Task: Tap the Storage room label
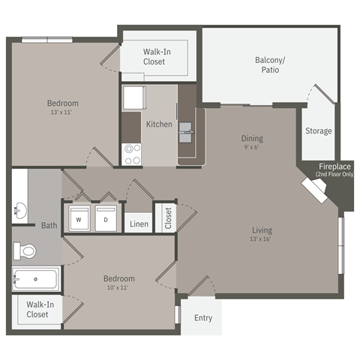pos(318,131)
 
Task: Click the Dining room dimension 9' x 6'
pos(252,148)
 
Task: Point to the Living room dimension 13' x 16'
pos(262,239)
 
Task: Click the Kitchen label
pos(159,124)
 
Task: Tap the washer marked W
pos(78,220)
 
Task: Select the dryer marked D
pos(105,220)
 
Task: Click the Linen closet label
pos(139,224)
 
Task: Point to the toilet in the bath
pos(27,250)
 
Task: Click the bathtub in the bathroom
pos(35,280)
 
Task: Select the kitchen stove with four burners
pos(133,154)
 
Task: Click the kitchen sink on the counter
pos(187,135)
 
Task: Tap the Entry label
pos(203,318)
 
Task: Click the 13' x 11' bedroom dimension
pos(62,112)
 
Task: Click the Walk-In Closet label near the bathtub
pos(37,310)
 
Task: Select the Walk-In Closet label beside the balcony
pos(159,57)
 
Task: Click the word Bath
pos(49,225)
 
